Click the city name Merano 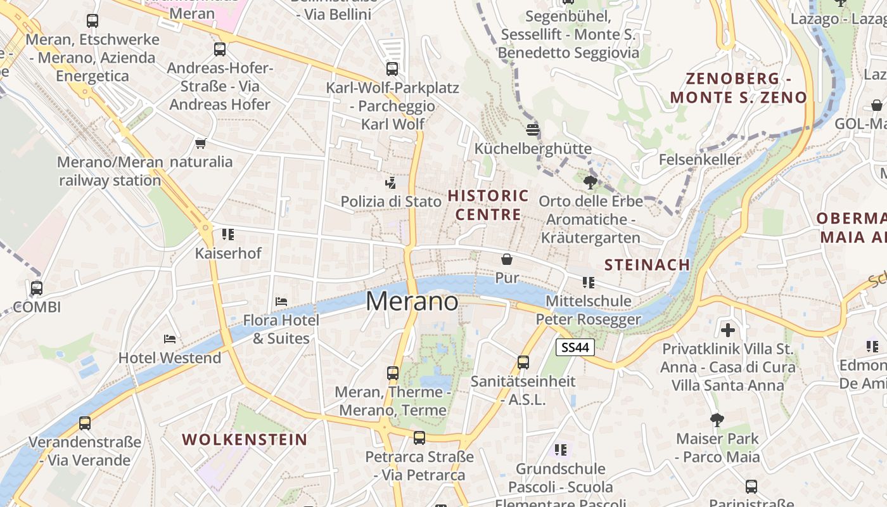pyautogui.click(x=412, y=302)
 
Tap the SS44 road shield pyautogui.click(x=575, y=347)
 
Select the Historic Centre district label pyautogui.click(x=488, y=205)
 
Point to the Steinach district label pyautogui.click(x=647, y=265)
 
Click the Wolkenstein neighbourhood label pyautogui.click(x=245, y=439)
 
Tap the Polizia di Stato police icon pyautogui.click(x=391, y=183)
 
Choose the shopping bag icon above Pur pyautogui.click(x=507, y=259)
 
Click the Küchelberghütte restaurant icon pyautogui.click(x=533, y=130)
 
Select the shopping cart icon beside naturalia pyautogui.click(x=201, y=143)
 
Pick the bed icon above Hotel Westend pyautogui.click(x=170, y=339)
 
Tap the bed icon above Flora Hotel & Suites pyautogui.click(x=281, y=301)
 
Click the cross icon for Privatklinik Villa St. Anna pyautogui.click(x=728, y=330)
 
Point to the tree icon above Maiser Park pyautogui.click(x=717, y=420)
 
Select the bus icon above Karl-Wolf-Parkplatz pyautogui.click(x=392, y=69)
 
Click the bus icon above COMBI pyautogui.click(x=37, y=288)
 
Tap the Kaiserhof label pyautogui.click(x=228, y=253)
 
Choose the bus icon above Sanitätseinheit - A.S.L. pyautogui.click(x=523, y=363)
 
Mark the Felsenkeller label pyautogui.click(x=699, y=159)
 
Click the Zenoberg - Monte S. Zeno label pyautogui.click(x=739, y=88)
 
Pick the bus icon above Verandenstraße pyautogui.click(x=84, y=423)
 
